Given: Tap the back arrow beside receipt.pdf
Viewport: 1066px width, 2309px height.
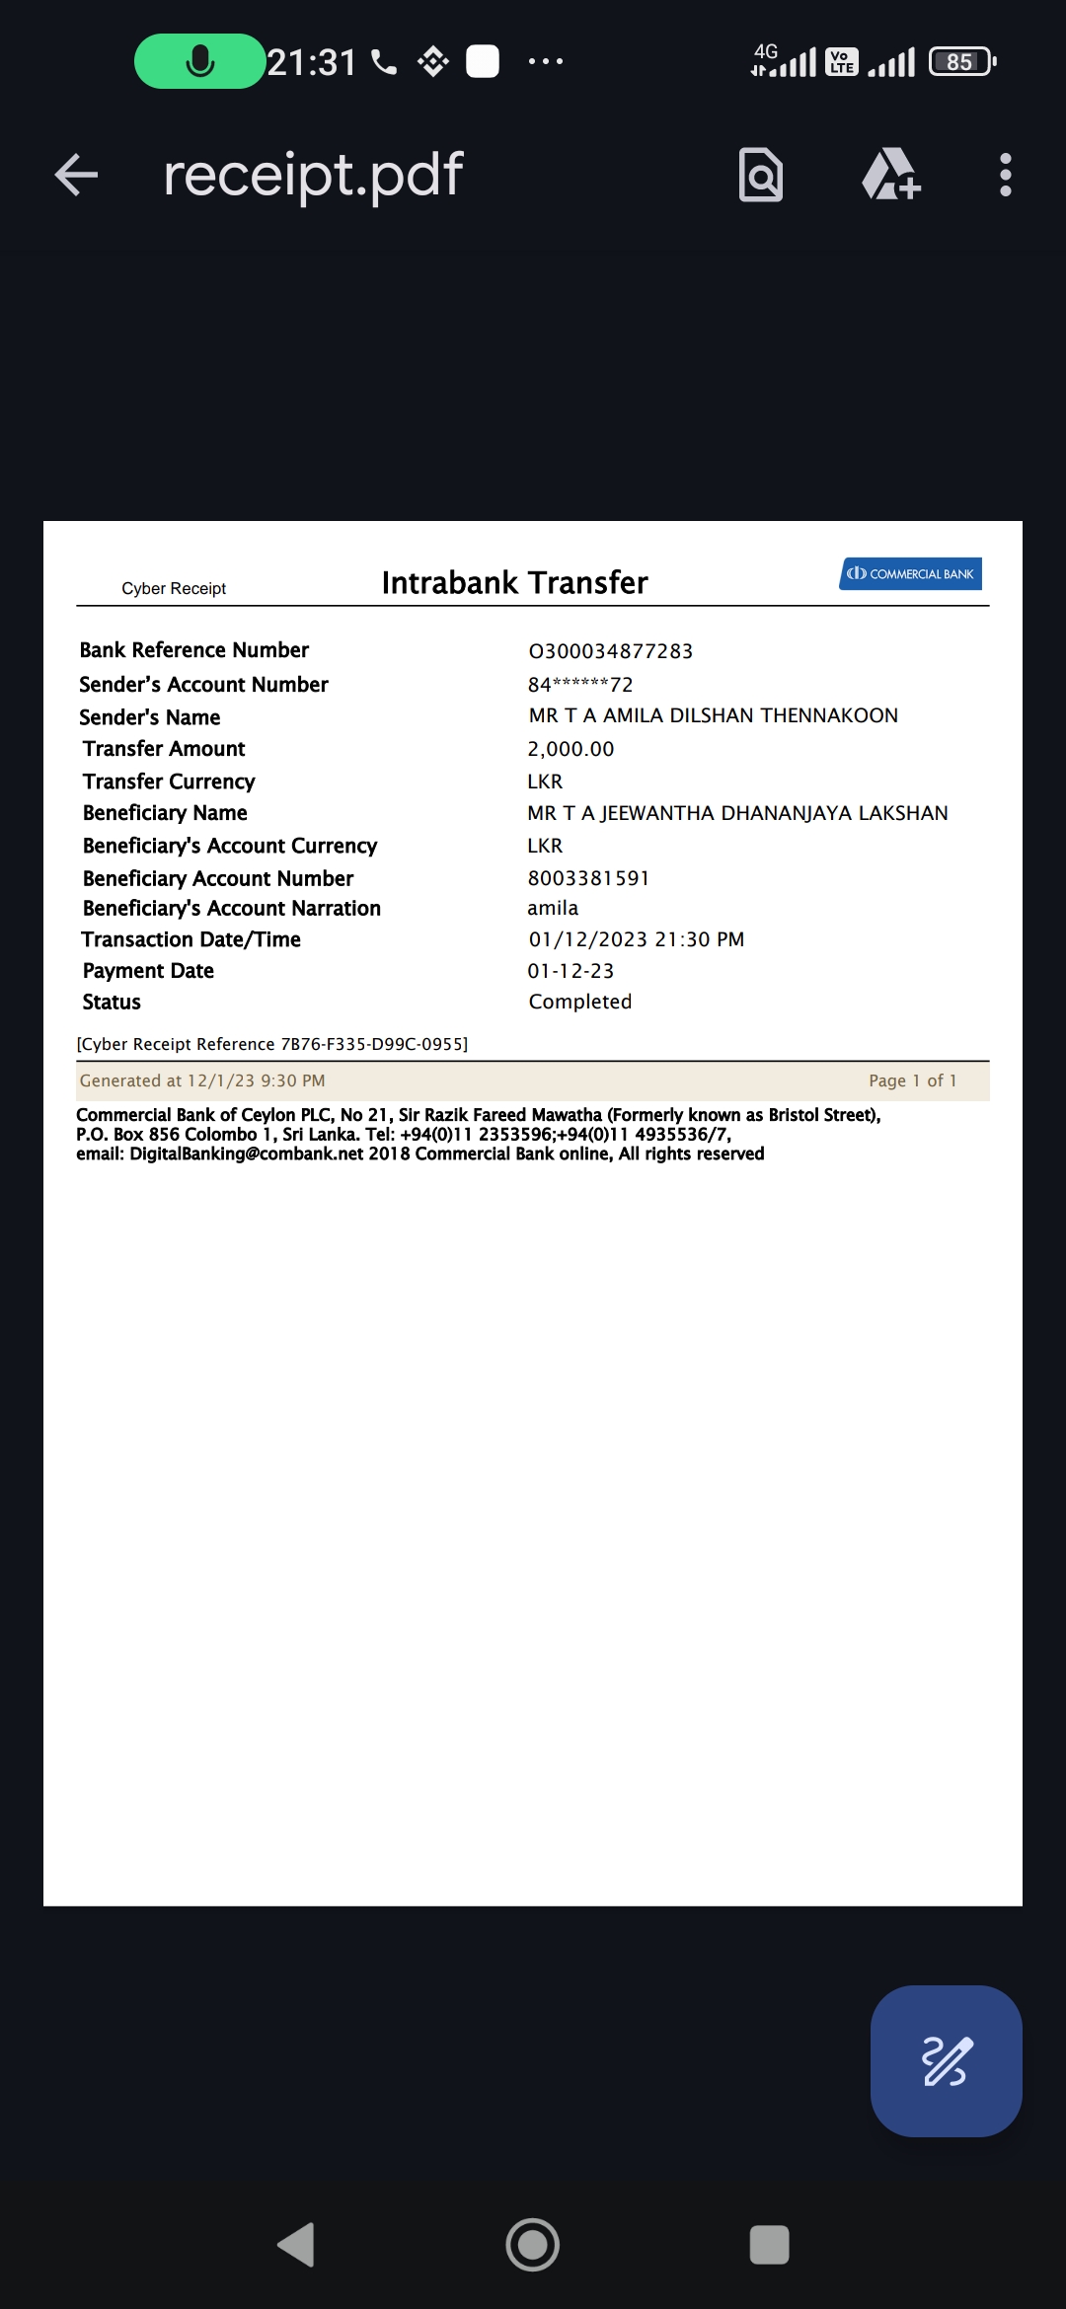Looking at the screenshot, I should point(76,176).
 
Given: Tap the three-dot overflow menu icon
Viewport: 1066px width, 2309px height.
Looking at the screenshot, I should point(1005,176).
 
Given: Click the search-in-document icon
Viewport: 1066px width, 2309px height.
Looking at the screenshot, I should point(760,176).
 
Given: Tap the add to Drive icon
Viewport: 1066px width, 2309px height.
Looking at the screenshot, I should point(890,176).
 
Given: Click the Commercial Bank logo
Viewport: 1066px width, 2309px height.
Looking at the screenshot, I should point(910,574).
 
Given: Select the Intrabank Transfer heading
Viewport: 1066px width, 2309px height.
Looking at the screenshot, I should point(514,583).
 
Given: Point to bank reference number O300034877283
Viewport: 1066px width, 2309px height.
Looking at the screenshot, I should point(610,651).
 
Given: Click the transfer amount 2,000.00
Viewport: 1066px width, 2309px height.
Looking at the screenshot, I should point(571,749).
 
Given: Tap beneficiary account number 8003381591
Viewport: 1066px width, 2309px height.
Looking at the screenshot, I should point(588,878).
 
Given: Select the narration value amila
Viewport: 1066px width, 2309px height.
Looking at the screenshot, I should point(553,908).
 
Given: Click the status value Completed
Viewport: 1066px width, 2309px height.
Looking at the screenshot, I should point(579,1002).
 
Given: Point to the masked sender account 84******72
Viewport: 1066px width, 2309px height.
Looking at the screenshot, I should point(579,685).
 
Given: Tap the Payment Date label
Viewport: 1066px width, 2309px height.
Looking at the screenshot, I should point(148,971).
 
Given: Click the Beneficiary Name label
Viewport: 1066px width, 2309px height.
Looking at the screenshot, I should point(165,813).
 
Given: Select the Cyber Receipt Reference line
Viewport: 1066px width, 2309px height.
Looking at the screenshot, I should point(271,1044).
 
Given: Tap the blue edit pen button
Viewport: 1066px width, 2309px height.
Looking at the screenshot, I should point(946,2060).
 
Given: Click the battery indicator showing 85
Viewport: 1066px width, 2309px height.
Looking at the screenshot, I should point(962,62).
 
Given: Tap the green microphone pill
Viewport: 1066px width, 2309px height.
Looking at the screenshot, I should point(199,61).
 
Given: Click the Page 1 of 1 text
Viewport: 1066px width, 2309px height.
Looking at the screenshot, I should point(912,1080).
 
